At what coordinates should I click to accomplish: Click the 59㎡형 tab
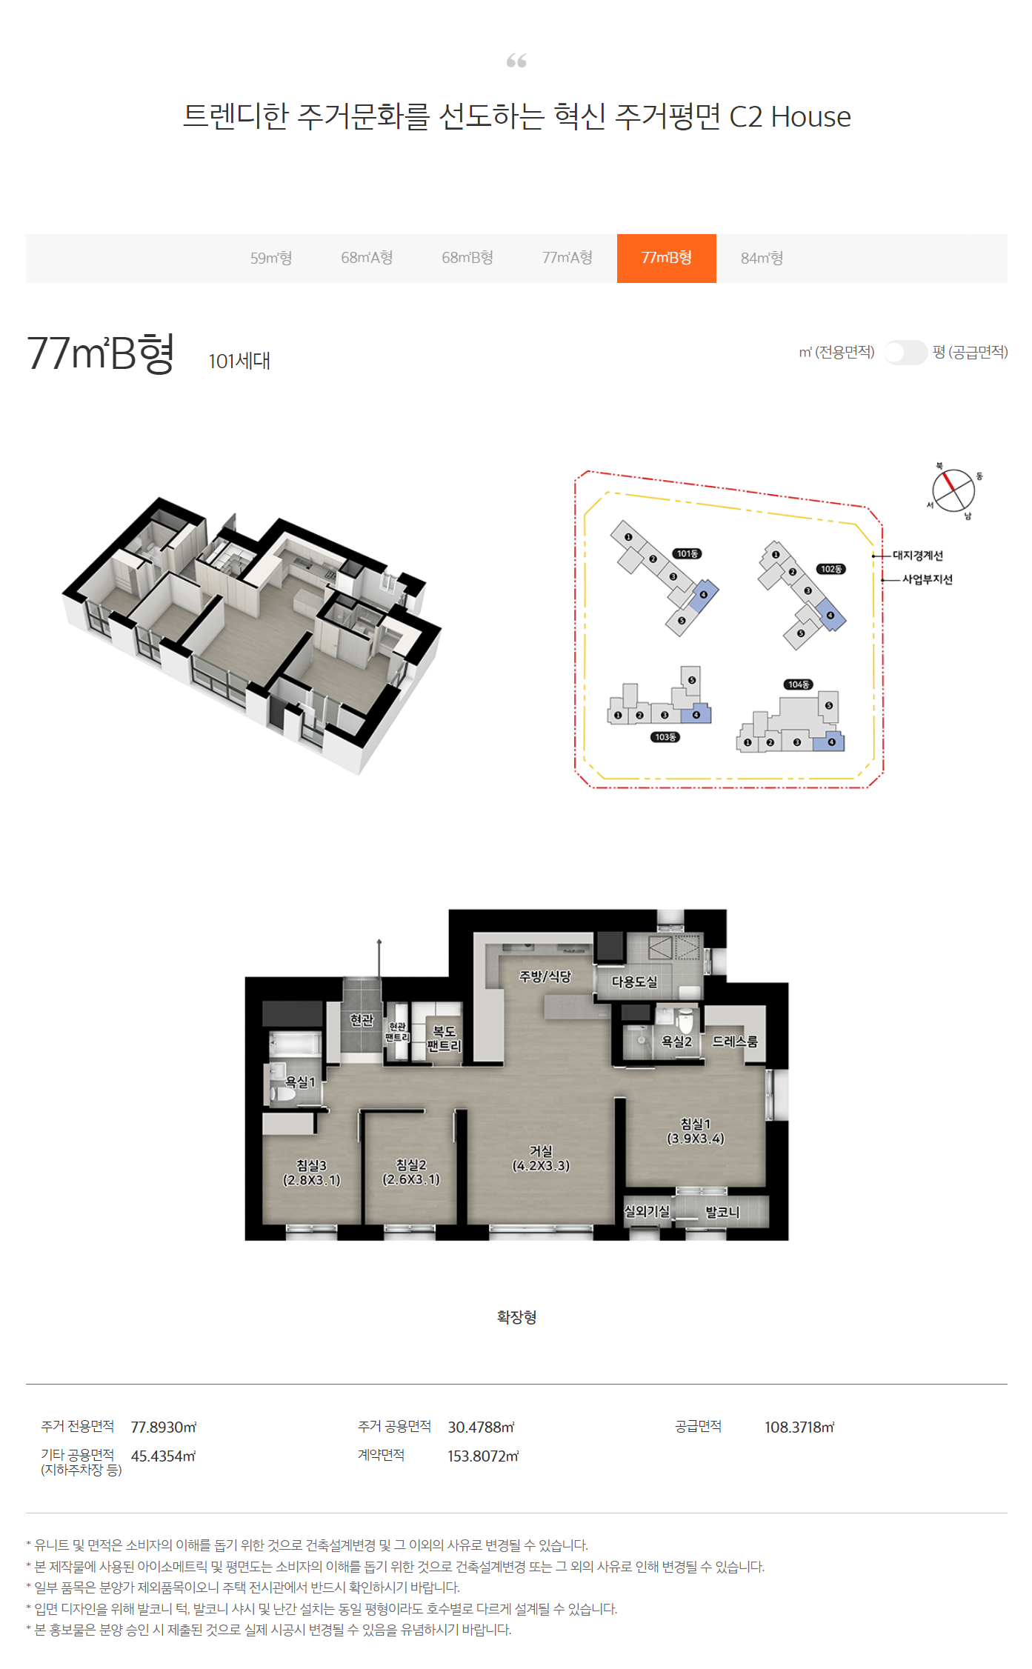click(x=271, y=258)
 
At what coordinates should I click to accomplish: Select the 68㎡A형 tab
click(x=367, y=258)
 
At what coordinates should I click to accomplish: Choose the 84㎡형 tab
click(x=762, y=258)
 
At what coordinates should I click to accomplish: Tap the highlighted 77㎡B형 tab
click(x=667, y=258)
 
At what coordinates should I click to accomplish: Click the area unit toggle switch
click(x=905, y=353)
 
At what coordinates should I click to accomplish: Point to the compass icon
click(x=953, y=490)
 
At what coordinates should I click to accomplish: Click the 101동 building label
click(x=687, y=553)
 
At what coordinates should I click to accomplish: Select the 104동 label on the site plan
click(x=798, y=684)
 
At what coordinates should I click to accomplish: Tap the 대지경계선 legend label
click(x=918, y=556)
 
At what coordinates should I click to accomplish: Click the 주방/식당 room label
click(x=545, y=976)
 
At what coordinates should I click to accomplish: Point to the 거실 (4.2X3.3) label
click(x=541, y=1159)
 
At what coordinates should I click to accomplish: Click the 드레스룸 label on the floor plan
click(x=735, y=1042)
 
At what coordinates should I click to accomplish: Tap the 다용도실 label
click(x=634, y=982)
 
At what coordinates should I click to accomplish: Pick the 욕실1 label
click(x=300, y=1082)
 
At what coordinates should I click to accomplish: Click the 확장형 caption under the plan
click(x=516, y=1317)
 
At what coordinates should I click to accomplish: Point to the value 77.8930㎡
click(x=164, y=1428)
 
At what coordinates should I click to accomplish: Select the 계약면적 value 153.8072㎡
click(x=483, y=1456)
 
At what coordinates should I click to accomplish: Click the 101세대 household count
click(x=239, y=361)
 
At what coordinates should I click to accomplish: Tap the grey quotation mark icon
click(x=516, y=61)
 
